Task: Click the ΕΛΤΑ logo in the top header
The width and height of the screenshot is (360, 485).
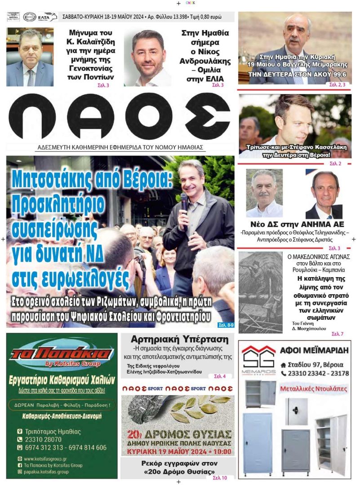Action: [x=48, y=17]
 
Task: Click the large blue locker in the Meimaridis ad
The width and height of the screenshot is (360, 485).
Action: [x=258, y=442]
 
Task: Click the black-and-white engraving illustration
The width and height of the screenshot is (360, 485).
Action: [x=260, y=292]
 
